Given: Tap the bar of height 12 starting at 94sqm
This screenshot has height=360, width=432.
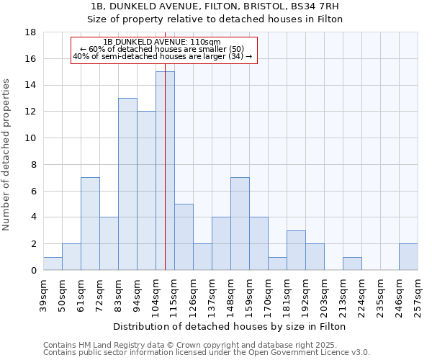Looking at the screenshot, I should click(146, 191).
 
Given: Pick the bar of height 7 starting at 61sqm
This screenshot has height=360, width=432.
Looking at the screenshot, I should click(90, 223).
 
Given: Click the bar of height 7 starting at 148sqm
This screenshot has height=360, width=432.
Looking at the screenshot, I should click(240, 223).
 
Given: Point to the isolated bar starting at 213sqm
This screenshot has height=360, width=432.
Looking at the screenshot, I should click(352, 264).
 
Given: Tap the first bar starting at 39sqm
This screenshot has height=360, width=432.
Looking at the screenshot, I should click(53, 264).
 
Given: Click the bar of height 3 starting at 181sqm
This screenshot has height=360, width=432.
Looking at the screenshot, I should click(296, 250).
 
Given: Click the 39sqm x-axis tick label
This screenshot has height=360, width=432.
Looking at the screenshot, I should click(44, 293).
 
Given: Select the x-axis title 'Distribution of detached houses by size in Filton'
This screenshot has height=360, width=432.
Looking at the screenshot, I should click(231, 326).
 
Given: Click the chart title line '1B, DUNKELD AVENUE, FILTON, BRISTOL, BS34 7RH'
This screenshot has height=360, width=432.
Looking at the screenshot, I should click(215, 6).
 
